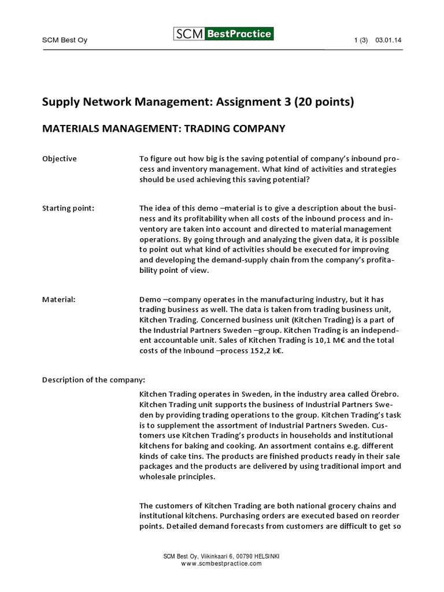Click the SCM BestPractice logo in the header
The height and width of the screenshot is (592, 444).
(223, 34)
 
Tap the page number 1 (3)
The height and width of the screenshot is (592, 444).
(360, 40)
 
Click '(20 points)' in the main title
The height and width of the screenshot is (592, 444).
(324, 102)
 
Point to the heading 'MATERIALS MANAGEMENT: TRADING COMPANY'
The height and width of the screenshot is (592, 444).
(164, 128)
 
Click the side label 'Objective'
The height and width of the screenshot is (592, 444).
(60, 158)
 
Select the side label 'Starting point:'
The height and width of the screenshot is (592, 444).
(68, 208)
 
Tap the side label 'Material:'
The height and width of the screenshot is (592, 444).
(59, 299)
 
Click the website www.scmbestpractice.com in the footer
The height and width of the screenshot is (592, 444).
(221, 563)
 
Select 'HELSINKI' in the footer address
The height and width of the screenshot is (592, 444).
(264, 556)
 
